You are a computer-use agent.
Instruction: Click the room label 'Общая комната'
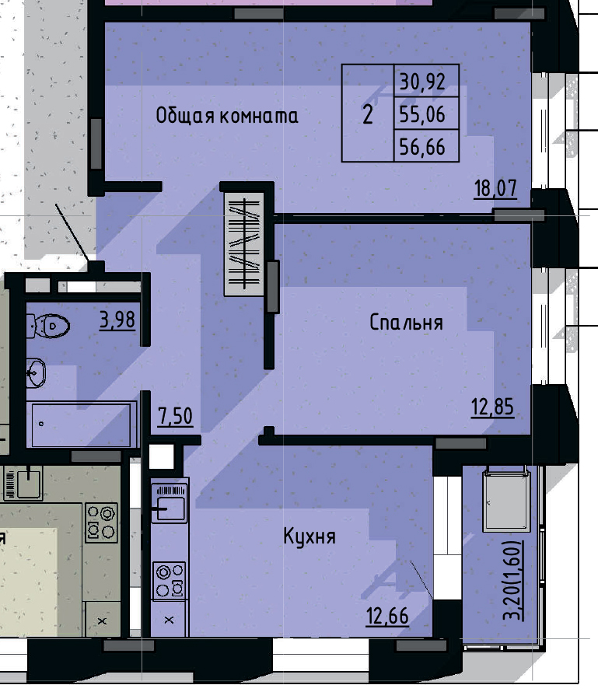pyautogui.click(x=226, y=116)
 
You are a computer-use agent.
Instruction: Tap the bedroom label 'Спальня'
pyautogui.click(x=406, y=323)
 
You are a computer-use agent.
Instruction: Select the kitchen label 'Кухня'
pyautogui.click(x=309, y=536)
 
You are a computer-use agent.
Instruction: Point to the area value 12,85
pyautogui.click(x=492, y=407)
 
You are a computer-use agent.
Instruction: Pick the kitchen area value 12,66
pyautogui.click(x=387, y=616)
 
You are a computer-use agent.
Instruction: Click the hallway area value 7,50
pyautogui.click(x=175, y=416)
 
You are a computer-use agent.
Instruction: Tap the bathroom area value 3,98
pyautogui.click(x=117, y=319)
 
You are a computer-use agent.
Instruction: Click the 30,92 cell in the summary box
pyautogui.click(x=421, y=79)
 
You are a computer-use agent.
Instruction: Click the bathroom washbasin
pyautogui.click(x=36, y=372)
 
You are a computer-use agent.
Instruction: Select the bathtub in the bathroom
pyautogui.click(x=81, y=425)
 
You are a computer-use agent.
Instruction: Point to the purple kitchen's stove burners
pyautogui.click(x=170, y=580)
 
